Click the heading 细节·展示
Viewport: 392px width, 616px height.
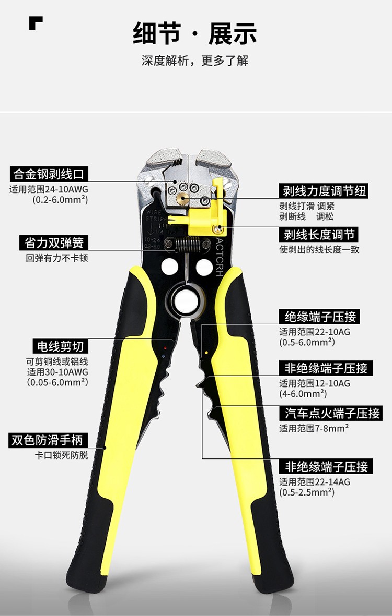click(195, 33)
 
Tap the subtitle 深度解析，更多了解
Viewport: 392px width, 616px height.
click(195, 61)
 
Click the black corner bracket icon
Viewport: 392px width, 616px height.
click(36, 23)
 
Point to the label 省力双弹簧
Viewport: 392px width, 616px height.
click(54, 243)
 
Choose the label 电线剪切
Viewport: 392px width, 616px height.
click(60, 346)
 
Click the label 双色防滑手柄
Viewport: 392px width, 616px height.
click(47, 440)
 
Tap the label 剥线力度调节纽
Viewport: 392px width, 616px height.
click(324, 191)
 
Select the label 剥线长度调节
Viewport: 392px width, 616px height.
click(319, 235)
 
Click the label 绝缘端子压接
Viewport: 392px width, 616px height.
click(319, 317)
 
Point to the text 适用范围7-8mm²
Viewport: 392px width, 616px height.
click(314, 428)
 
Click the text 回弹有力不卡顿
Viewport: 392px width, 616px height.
click(57, 258)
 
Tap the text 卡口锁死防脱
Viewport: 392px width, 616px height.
click(61, 455)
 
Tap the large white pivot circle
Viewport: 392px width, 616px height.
click(186, 301)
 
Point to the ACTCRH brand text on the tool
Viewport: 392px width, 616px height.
click(219, 257)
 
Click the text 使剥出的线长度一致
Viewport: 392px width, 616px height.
click(319, 249)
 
